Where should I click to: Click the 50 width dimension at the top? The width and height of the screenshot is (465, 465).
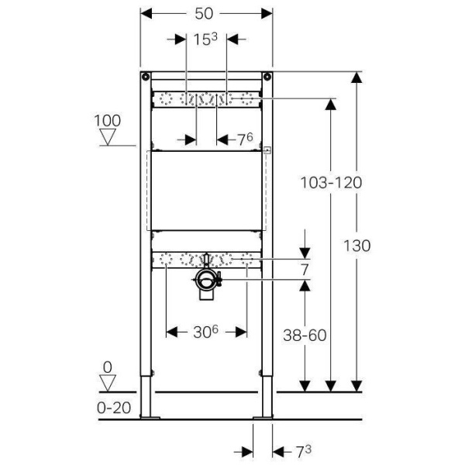pyautogui.click(x=204, y=14)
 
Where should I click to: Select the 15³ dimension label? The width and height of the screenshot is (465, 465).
pyautogui.click(x=205, y=40)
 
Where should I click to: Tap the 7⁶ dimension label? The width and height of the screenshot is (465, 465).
pyautogui.click(x=246, y=139)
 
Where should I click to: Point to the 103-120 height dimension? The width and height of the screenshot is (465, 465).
pyautogui.click(x=331, y=182)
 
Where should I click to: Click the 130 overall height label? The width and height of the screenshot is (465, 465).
pyautogui.click(x=356, y=246)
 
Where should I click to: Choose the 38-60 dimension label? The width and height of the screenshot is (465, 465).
pyautogui.click(x=305, y=335)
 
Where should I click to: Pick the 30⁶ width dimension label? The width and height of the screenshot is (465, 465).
pyautogui.click(x=206, y=332)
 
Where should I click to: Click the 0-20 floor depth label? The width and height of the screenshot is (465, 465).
pyautogui.click(x=114, y=408)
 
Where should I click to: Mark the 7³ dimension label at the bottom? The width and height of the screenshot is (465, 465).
pyautogui.click(x=303, y=452)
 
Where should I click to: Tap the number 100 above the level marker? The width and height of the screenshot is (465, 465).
pyautogui.click(x=108, y=121)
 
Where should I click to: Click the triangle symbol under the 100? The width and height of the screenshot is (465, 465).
pyautogui.click(x=108, y=137)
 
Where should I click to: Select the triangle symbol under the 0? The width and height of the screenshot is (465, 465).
pyautogui.click(x=108, y=383)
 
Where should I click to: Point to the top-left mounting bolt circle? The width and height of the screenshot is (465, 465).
pyautogui.click(x=146, y=77)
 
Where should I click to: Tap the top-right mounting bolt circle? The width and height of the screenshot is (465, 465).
pyautogui.click(x=267, y=77)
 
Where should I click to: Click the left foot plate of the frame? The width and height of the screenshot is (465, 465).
pyautogui.click(x=150, y=418)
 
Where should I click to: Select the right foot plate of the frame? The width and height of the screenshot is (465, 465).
pyautogui.click(x=263, y=418)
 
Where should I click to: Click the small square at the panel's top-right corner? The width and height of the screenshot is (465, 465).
pyautogui.click(x=267, y=150)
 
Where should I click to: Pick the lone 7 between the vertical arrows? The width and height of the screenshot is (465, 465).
pyautogui.click(x=305, y=270)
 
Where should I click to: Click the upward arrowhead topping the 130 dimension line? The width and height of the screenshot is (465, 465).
pyautogui.click(x=356, y=78)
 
